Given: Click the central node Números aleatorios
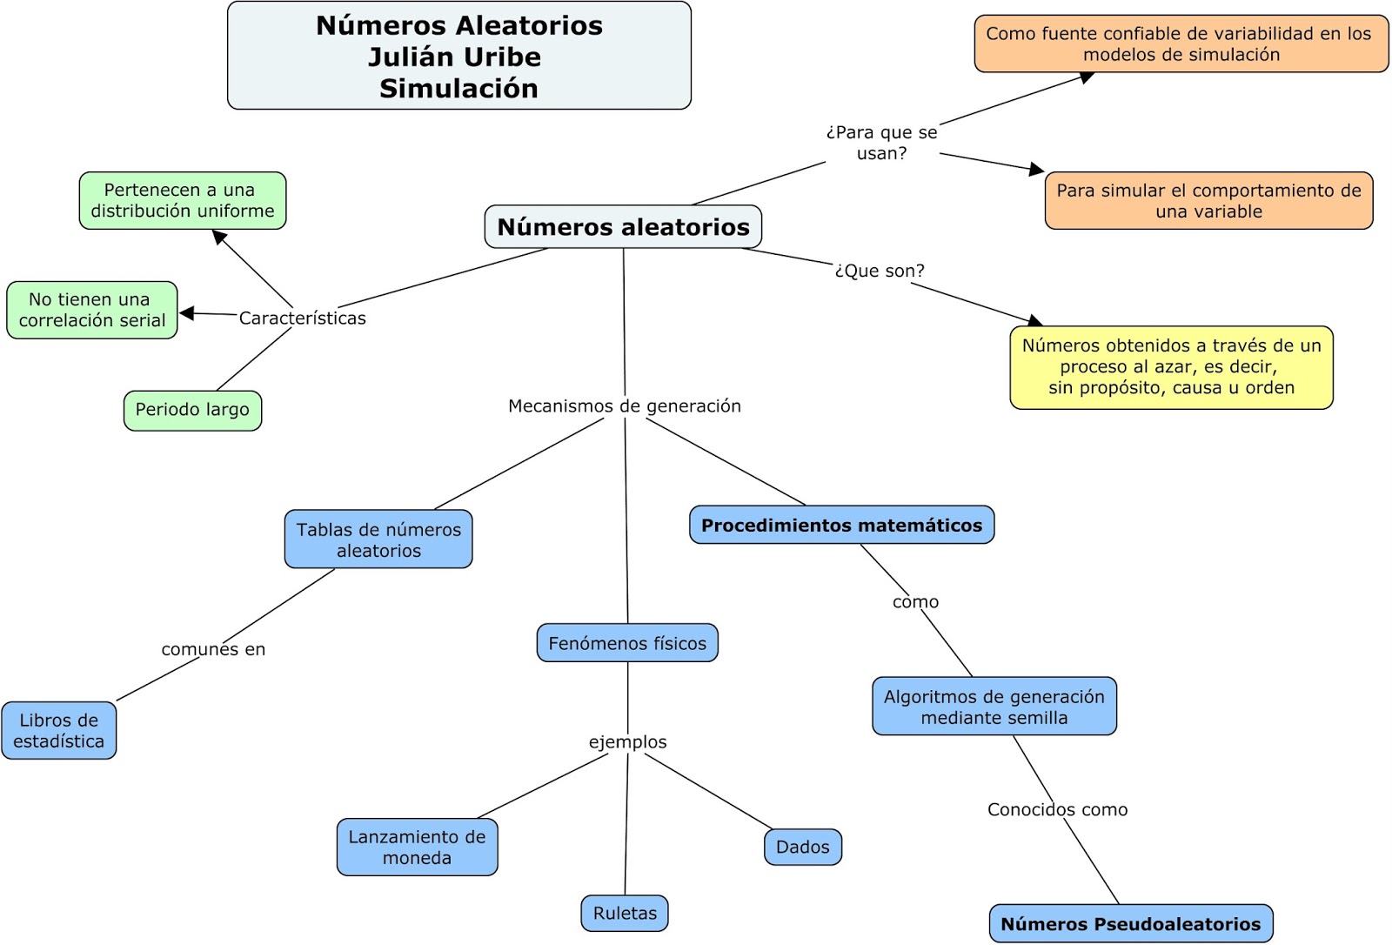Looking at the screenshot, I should click(623, 227).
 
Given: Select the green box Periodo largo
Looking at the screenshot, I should click(192, 410).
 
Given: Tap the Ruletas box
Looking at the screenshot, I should click(625, 913).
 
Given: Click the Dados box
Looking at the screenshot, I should click(802, 847).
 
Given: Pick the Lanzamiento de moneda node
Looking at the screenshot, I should click(417, 847).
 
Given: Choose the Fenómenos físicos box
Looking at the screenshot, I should click(627, 643).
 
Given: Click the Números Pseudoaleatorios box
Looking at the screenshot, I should click(1130, 923).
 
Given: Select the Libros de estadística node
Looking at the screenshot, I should click(58, 730).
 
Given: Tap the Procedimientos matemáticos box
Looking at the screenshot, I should click(841, 525).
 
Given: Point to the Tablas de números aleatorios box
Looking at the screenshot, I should click(378, 540).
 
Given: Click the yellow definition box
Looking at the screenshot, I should click(1171, 366).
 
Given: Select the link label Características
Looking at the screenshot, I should click(302, 318).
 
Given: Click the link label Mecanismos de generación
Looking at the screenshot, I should click(624, 405).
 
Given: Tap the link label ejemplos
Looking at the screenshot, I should click(627, 741).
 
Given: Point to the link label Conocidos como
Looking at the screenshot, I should click(1057, 809).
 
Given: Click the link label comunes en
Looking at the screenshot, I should click(213, 649).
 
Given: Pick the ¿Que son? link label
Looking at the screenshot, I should click(879, 271).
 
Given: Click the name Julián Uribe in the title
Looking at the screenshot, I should click(454, 57).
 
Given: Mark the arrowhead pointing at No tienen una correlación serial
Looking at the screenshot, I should click(186, 313).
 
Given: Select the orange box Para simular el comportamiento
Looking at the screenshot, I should click(1208, 201).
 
